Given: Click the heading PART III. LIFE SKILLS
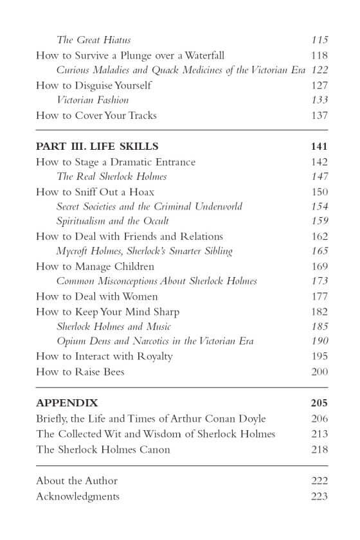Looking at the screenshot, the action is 97,146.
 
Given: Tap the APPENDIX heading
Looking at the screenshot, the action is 67,403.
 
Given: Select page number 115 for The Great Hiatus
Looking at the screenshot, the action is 319,40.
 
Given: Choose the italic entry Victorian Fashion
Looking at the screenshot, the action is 93,100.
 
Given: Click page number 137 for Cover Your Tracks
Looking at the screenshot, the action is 319,115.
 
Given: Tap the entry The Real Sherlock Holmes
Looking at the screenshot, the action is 111,176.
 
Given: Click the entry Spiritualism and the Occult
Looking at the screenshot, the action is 113,221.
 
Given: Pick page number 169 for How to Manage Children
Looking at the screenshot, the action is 319,266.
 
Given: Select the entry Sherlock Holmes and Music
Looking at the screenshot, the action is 109,326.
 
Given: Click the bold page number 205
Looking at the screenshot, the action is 318,403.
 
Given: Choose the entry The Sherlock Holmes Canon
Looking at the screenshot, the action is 103,449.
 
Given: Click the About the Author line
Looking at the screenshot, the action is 76,481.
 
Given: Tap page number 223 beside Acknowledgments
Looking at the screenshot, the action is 319,496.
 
